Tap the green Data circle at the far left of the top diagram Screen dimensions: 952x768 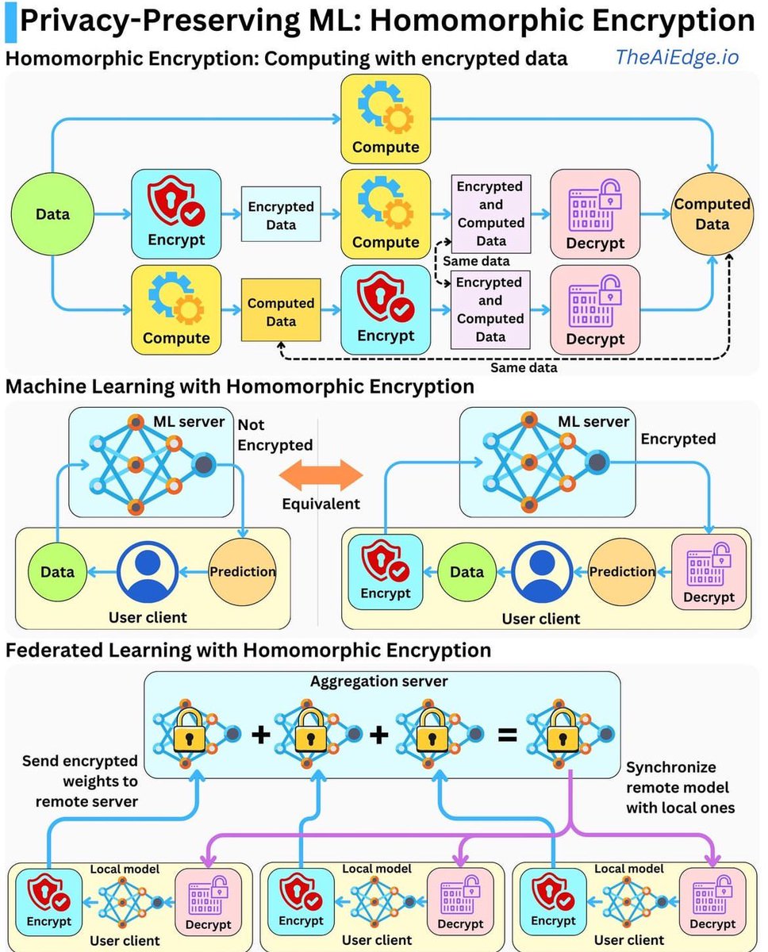52,214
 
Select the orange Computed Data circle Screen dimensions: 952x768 712,214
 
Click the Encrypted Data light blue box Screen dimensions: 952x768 281,215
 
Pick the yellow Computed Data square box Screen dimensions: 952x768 281,312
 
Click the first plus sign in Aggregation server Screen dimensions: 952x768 260,735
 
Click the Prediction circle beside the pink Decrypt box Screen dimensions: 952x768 622,571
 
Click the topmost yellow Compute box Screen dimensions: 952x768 386,118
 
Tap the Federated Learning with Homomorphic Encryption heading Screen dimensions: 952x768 248,651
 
